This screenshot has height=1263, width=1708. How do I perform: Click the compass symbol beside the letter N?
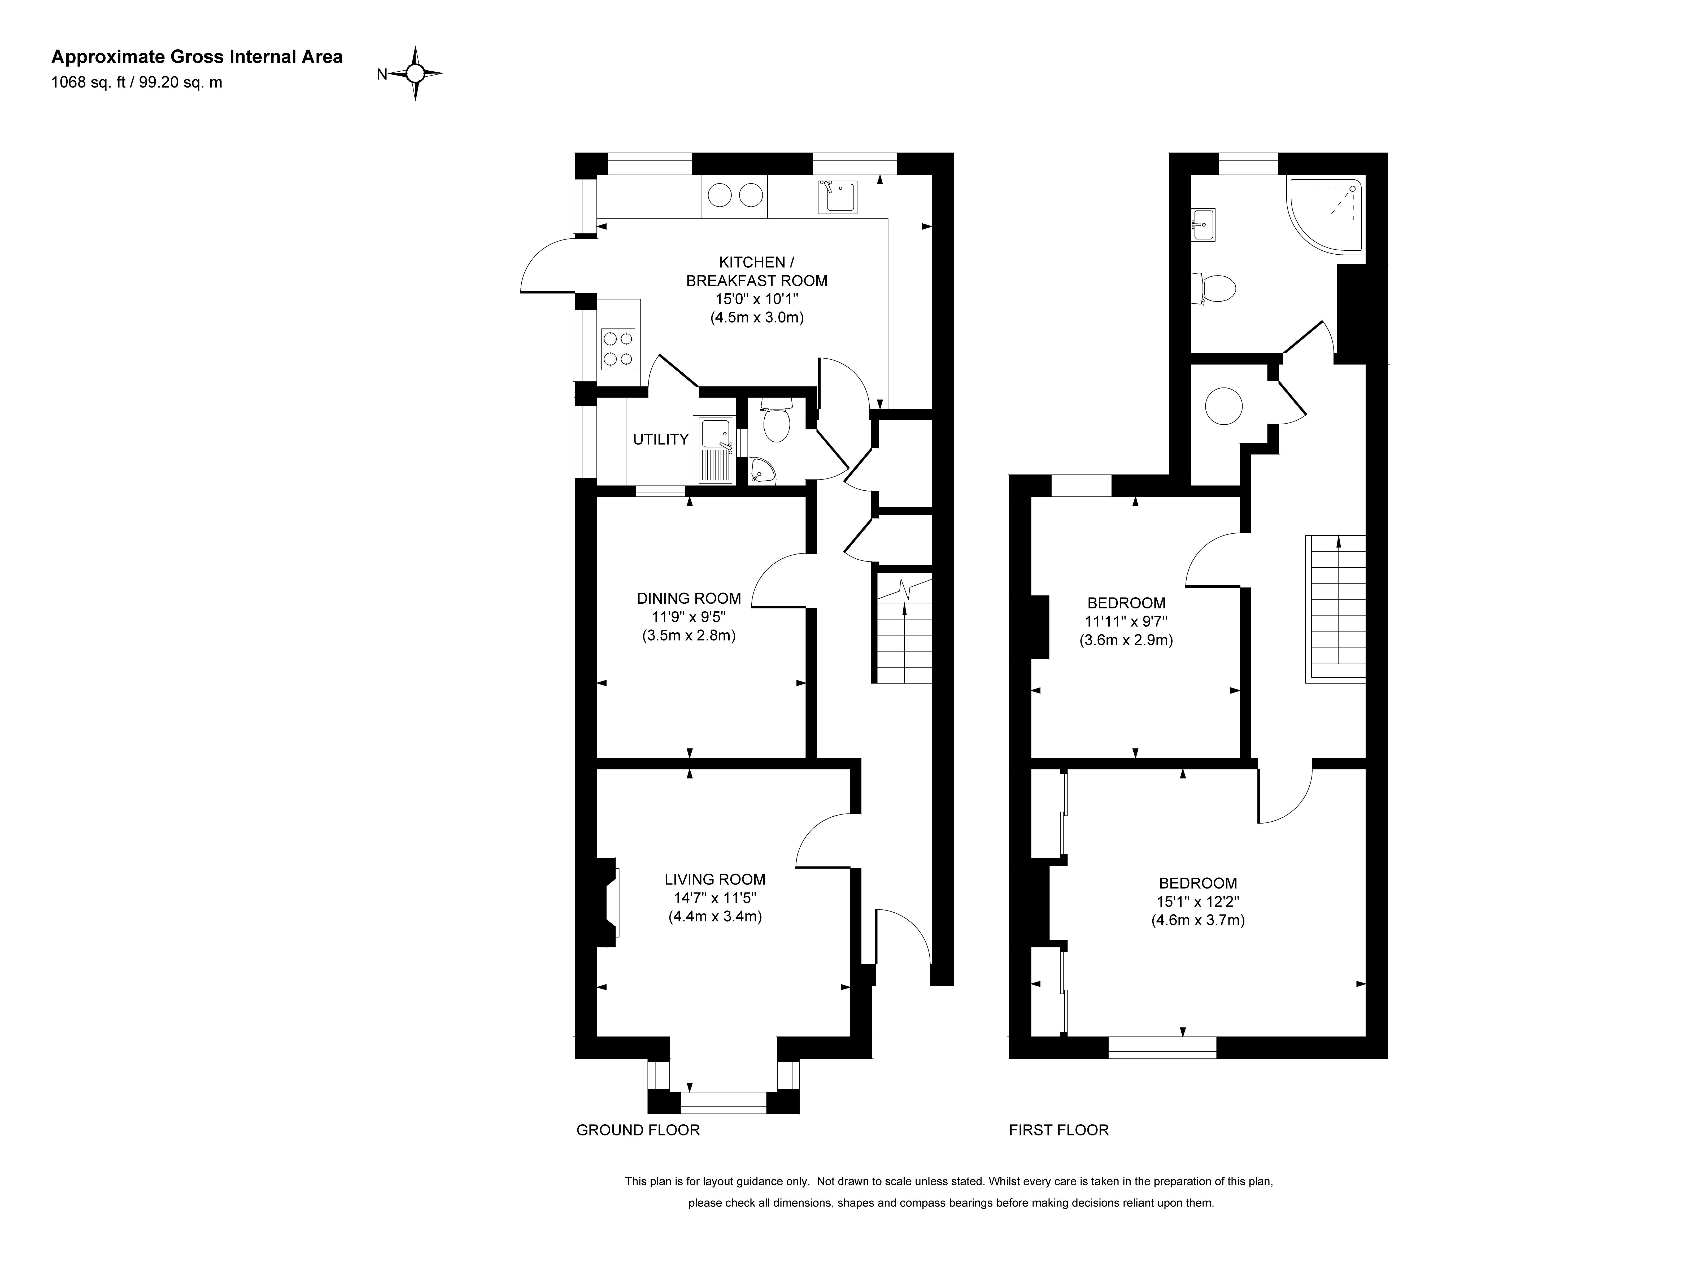[x=415, y=73]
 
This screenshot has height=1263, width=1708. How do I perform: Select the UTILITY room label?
[x=661, y=439]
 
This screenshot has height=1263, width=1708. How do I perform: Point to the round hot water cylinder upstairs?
[x=1223, y=406]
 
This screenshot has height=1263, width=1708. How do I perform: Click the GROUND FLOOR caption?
[x=638, y=1130]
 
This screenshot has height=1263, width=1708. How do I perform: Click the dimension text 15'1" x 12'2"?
[x=1198, y=901]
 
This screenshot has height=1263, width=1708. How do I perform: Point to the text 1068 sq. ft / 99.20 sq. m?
[x=137, y=82]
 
